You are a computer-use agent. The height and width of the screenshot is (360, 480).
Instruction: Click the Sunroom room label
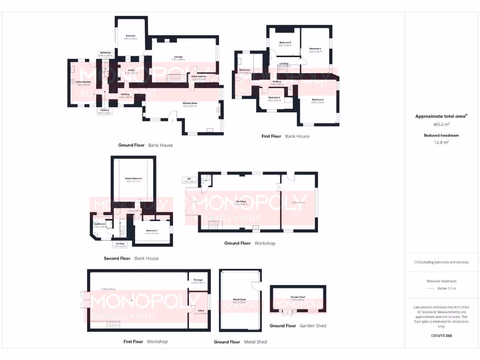pos(130,36)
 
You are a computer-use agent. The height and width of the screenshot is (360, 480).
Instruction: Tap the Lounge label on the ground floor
pos(178,57)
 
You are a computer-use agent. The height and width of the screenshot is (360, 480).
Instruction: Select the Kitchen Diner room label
pos(190,104)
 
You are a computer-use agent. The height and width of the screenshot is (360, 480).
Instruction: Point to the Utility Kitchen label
pos(83,82)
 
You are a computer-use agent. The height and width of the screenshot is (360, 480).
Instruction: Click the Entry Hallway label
pos(199,76)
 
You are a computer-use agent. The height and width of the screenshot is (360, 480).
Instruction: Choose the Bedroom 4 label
pos(315,49)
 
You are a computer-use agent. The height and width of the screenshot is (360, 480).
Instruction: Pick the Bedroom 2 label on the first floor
pos(317,99)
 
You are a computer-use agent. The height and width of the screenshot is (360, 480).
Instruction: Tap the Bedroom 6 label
pos(274,97)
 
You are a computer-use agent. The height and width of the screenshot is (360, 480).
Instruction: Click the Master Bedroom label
pos(133,179)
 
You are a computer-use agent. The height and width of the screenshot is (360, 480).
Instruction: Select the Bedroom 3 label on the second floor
pos(151,218)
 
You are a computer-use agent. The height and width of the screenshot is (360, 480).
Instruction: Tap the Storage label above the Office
pos(198,280)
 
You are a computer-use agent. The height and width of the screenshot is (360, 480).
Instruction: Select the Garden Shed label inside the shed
pos(298,297)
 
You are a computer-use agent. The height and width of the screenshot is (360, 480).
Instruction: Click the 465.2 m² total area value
pos(441,125)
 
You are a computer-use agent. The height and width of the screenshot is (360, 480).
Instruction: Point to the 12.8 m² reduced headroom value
pos(441,142)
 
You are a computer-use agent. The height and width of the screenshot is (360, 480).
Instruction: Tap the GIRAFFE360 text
pos(441,336)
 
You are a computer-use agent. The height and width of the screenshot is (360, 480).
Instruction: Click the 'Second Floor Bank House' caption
pos(131,258)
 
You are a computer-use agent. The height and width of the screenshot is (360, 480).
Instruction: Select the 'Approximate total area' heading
pos(441,116)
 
